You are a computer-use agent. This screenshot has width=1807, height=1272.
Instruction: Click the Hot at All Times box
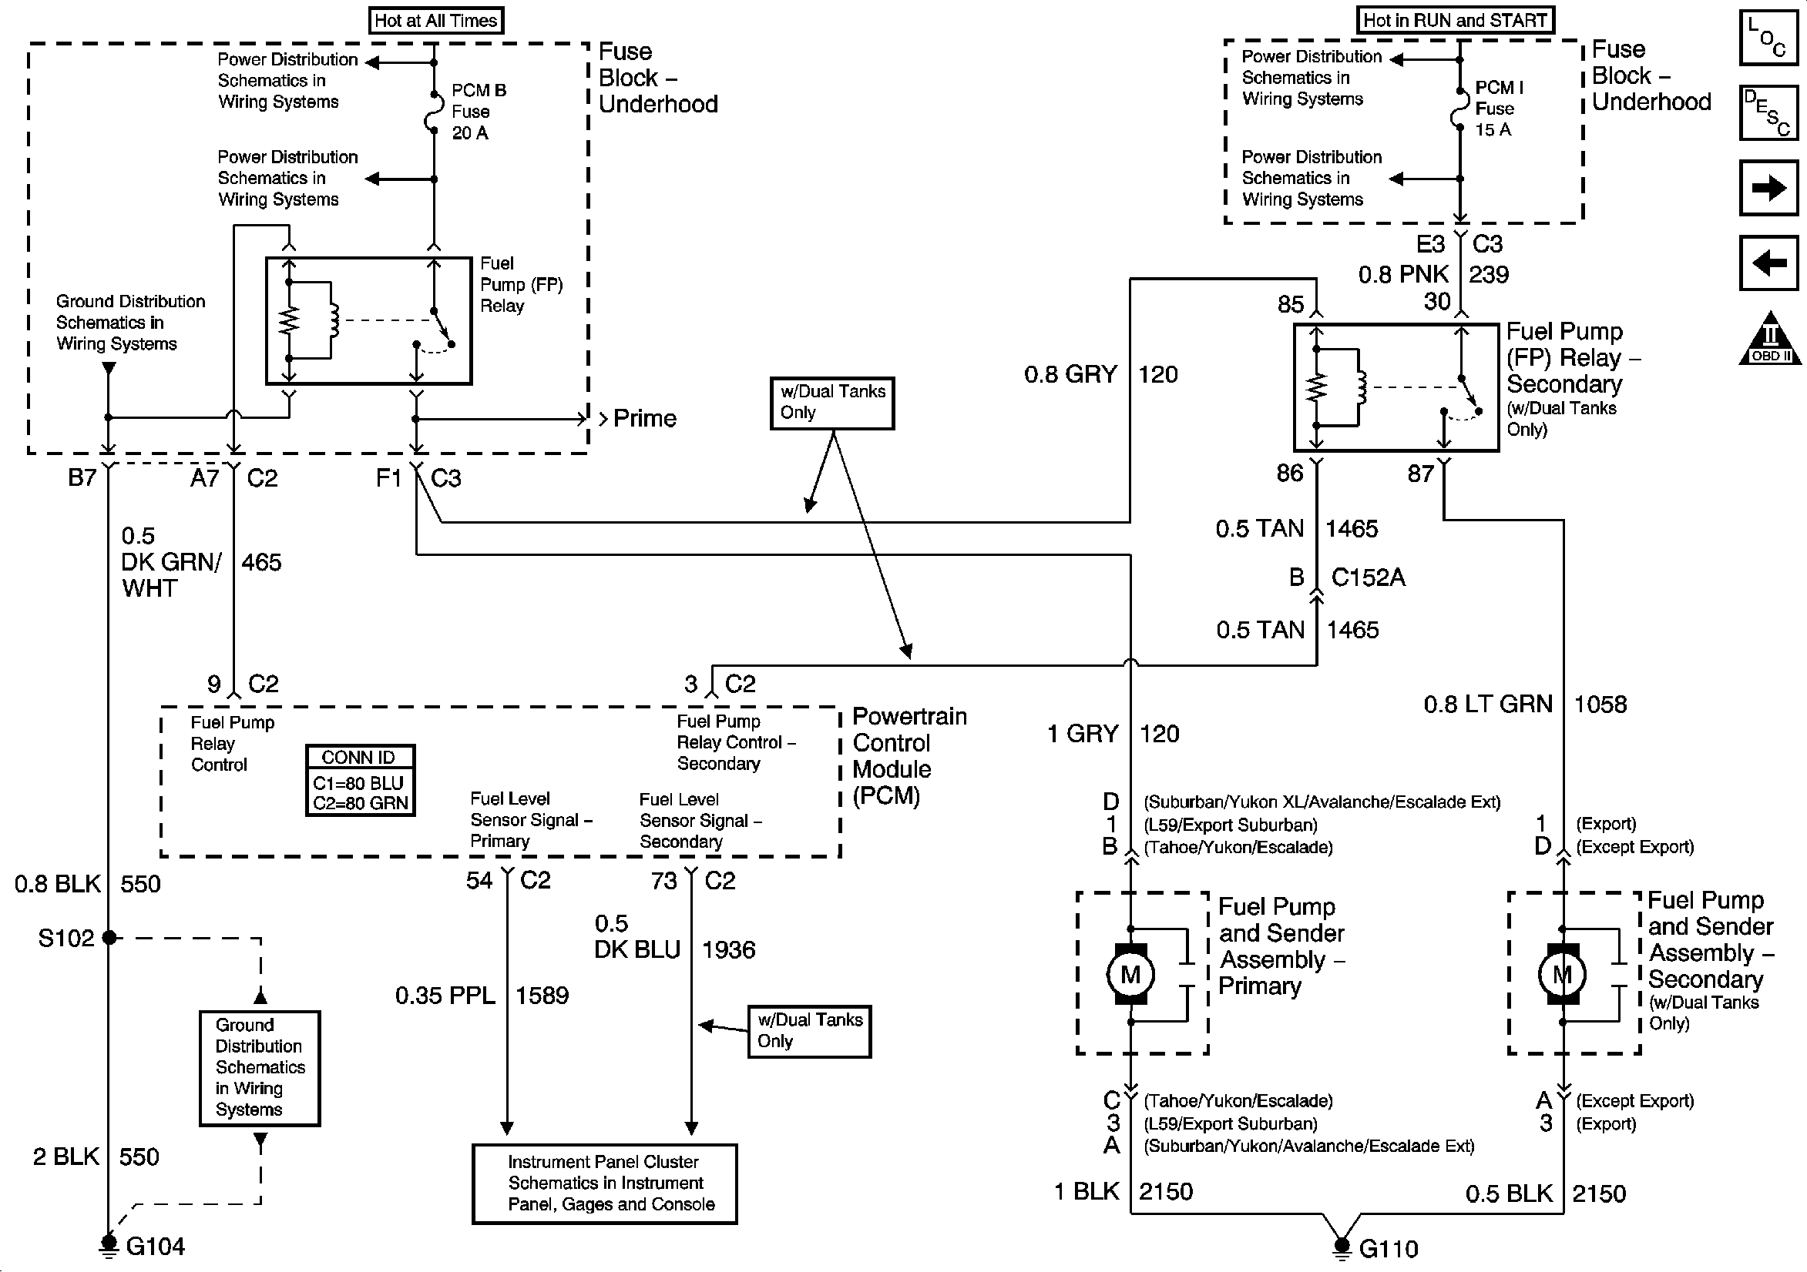point(436,21)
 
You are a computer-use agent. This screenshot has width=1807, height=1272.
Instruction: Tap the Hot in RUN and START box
point(1455,21)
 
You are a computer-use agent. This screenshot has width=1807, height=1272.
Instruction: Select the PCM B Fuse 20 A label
point(479,112)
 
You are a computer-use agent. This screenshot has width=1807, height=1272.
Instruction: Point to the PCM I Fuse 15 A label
point(1499,109)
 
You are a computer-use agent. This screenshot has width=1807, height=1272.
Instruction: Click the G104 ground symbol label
point(155,1247)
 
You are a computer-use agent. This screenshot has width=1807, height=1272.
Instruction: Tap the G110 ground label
point(1389,1249)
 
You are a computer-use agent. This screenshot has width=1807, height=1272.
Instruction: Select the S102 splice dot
point(109,938)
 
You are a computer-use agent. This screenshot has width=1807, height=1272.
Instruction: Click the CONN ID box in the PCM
point(361,780)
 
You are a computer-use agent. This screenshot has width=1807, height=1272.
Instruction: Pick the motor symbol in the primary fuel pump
point(1130,975)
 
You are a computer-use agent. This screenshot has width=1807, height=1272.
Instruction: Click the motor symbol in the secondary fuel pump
point(1562,975)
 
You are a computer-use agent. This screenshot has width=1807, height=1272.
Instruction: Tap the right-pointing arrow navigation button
point(1768,188)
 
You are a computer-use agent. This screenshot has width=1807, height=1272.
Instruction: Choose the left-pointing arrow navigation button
point(1768,262)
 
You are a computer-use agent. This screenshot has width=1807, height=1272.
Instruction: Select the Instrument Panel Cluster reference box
point(604,1183)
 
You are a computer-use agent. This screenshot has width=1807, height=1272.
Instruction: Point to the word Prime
point(644,419)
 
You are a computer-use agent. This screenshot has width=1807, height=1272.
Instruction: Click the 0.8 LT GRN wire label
point(1487,704)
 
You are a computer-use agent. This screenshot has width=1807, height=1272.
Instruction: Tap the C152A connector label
point(1368,577)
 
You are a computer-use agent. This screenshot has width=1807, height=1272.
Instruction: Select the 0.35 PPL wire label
point(445,996)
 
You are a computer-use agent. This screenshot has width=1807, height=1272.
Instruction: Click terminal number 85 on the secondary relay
point(1291,304)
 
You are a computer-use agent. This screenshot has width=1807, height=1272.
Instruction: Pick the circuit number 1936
point(728,950)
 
